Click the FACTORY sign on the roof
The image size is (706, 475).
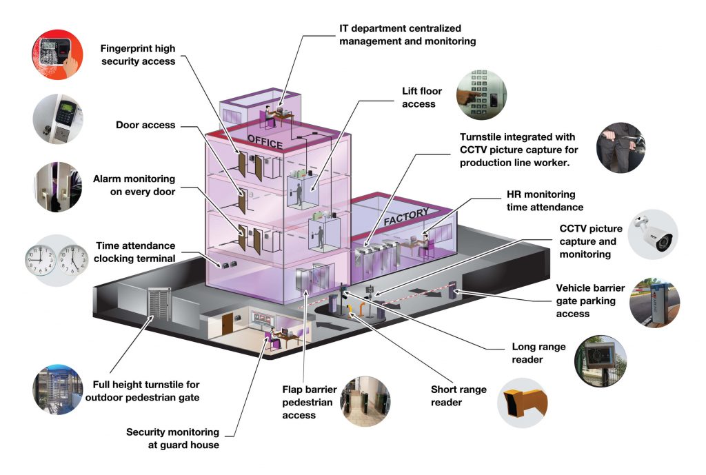406,217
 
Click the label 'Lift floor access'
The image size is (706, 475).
422,97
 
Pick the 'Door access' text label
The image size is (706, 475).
145,125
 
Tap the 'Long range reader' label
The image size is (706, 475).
538,353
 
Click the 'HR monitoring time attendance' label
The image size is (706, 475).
541,201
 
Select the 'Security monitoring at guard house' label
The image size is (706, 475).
172,438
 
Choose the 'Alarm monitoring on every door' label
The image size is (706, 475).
134,185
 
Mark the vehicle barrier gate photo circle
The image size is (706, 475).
654,304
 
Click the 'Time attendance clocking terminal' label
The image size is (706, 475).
135,252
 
